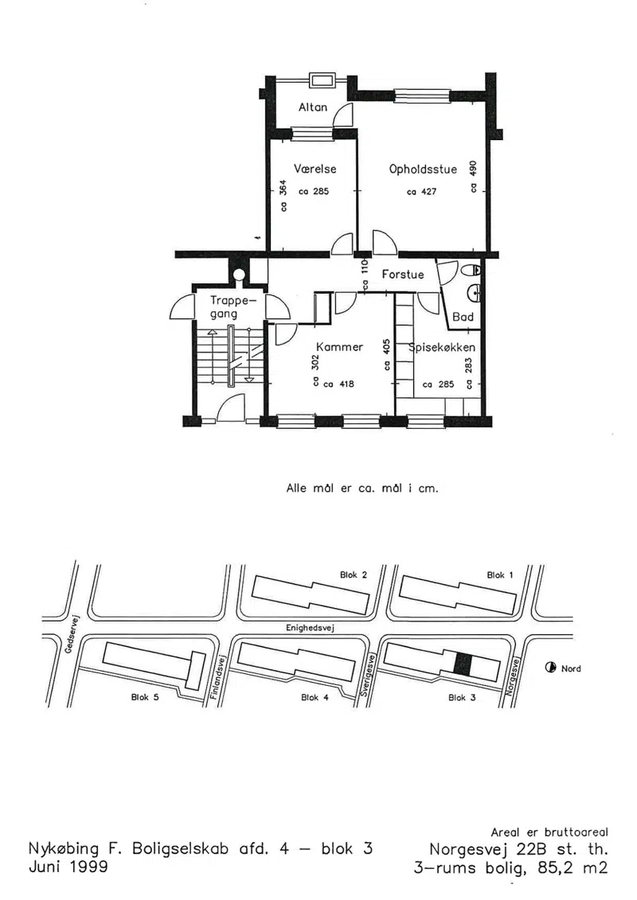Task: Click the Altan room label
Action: click(312, 107)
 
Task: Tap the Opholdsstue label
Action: click(423, 169)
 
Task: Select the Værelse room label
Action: click(315, 169)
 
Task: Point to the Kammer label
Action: click(339, 347)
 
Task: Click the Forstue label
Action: click(403, 275)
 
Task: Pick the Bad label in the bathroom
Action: click(463, 317)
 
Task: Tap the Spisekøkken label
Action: click(442, 347)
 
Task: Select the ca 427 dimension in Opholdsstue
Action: click(421, 193)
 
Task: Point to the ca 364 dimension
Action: click(283, 197)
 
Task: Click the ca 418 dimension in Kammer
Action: click(339, 384)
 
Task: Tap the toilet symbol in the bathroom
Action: click(471, 269)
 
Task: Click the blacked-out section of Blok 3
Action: click(463, 664)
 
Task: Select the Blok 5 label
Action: click(145, 697)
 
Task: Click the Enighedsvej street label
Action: click(311, 628)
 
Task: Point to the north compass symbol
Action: click(550, 668)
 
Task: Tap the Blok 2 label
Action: click(354, 575)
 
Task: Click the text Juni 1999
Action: click(68, 866)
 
